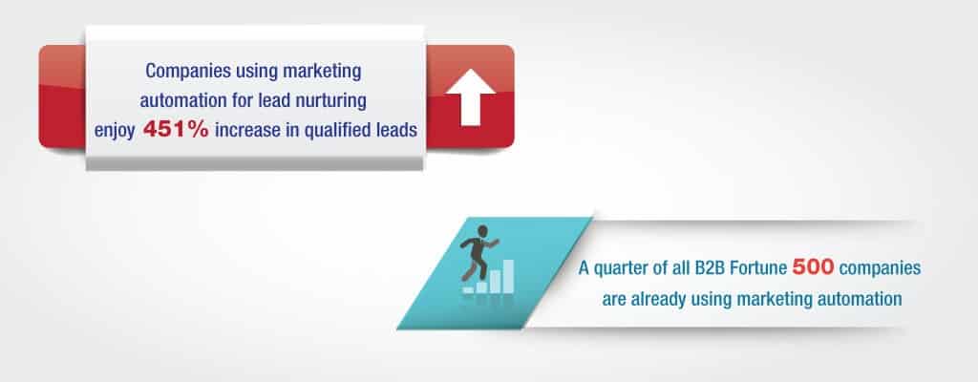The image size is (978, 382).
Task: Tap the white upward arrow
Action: coord(470,96)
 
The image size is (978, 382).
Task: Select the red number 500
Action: coord(814,268)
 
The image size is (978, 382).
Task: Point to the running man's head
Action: coord(481,232)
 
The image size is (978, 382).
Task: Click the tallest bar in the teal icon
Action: coord(508,276)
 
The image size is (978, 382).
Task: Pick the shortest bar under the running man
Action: coord(468,289)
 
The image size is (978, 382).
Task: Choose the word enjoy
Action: coord(115,131)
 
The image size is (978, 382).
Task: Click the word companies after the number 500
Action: coord(881,269)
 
